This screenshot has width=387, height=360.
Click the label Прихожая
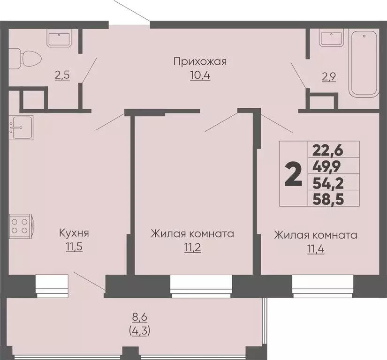pos(200,61)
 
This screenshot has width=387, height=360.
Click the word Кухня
pos(74,232)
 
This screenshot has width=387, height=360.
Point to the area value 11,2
pos(192,247)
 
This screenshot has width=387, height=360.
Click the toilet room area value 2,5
pos(62,75)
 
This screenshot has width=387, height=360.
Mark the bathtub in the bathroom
pos(364,63)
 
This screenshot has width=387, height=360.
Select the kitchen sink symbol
pos(21,127)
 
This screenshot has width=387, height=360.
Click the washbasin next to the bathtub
pos(331,37)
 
